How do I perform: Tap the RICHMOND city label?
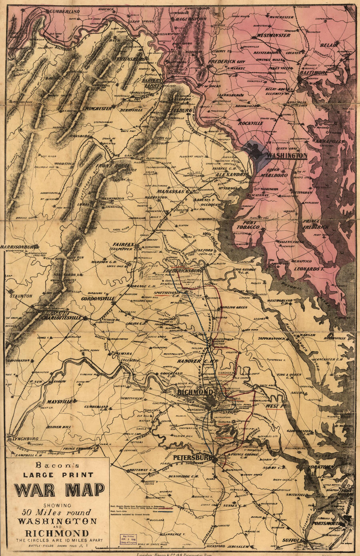(196, 392)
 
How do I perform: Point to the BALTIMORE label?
(314, 73)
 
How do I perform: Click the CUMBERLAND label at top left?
(65, 11)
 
